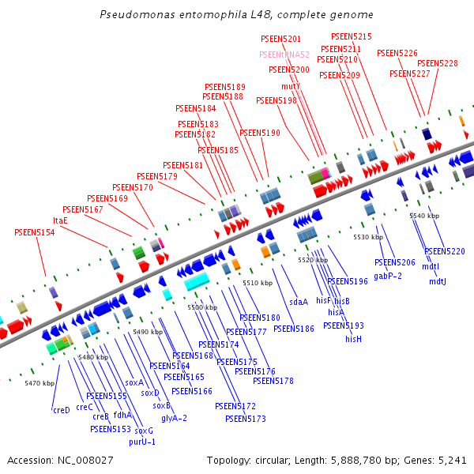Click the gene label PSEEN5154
point(35,232)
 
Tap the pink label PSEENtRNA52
point(284,55)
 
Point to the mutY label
point(291,85)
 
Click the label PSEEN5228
point(437,63)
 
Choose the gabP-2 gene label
point(388,276)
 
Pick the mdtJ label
point(438,281)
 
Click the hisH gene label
point(353,339)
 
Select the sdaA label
point(298,302)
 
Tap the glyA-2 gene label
point(174,418)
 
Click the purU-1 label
point(142,442)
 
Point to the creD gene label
point(62,410)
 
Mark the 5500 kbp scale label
point(201,307)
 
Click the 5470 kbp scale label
point(39,383)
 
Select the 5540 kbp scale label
point(423,216)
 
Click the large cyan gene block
point(196,280)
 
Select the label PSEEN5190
point(260,133)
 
